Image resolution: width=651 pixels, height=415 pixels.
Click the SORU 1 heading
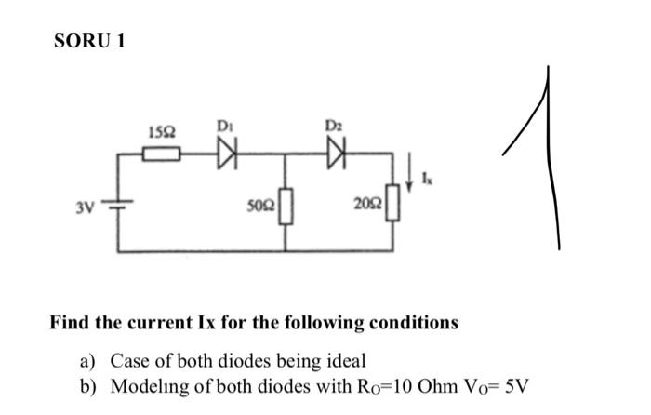point(89,41)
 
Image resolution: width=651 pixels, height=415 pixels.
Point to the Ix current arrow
point(410,175)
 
